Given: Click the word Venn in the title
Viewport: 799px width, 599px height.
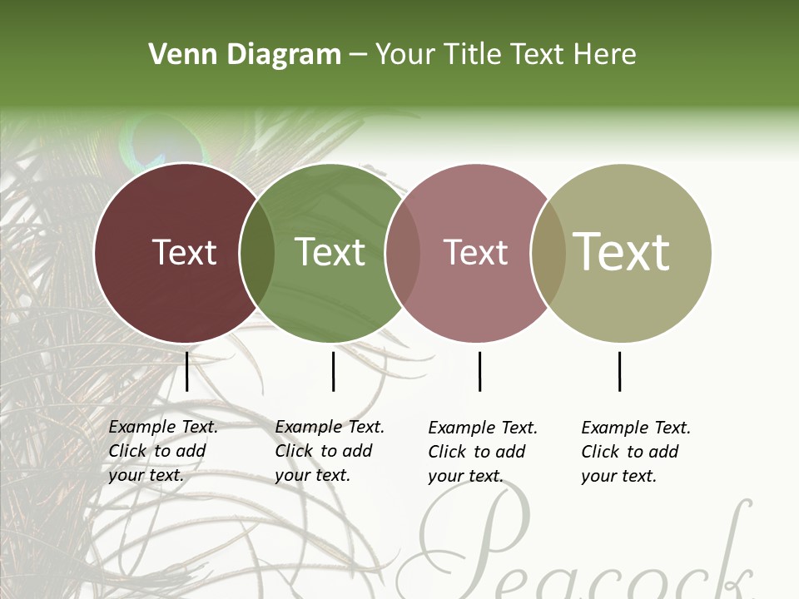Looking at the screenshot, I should (x=177, y=55).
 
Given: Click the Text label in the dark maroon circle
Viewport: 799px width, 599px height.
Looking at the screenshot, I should (x=184, y=253).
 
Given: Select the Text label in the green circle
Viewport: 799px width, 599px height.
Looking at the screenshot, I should (x=330, y=253).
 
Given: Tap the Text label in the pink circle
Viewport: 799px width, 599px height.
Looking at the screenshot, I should (x=475, y=253).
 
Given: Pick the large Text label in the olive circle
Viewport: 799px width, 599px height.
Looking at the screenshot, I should (x=622, y=252).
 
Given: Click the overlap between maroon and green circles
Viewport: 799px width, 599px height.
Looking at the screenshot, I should (x=256, y=253).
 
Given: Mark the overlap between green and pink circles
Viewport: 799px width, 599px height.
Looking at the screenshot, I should (x=403, y=253).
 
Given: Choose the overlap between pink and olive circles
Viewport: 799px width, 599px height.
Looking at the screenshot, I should (x=548, y=253).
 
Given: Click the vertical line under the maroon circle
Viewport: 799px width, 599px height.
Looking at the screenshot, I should (x=186, y=371).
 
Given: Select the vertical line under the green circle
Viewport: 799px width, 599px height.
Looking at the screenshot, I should (x=333, y=371).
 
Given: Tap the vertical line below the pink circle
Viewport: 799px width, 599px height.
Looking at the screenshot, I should (x=479, y=371).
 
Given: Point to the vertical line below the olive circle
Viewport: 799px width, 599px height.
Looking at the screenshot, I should (x=619, y=371).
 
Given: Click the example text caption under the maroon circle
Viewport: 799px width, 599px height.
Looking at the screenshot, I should (x=162, y=451).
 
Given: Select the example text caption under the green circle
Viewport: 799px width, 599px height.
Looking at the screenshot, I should (x=329, y=451).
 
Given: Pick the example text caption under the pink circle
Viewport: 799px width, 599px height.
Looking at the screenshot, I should (x=482, y=452).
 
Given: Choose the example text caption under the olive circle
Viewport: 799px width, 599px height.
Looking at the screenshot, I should (x=635, y=452).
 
